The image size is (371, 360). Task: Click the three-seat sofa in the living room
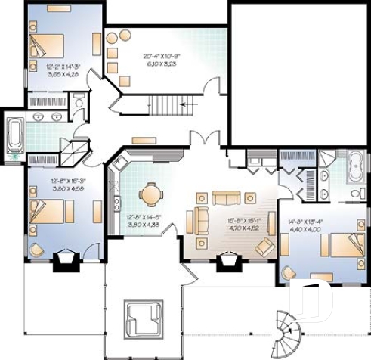pyautogui.click(x=224, y=198)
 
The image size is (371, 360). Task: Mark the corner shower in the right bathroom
pyautogui.click(x=326, y=159)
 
